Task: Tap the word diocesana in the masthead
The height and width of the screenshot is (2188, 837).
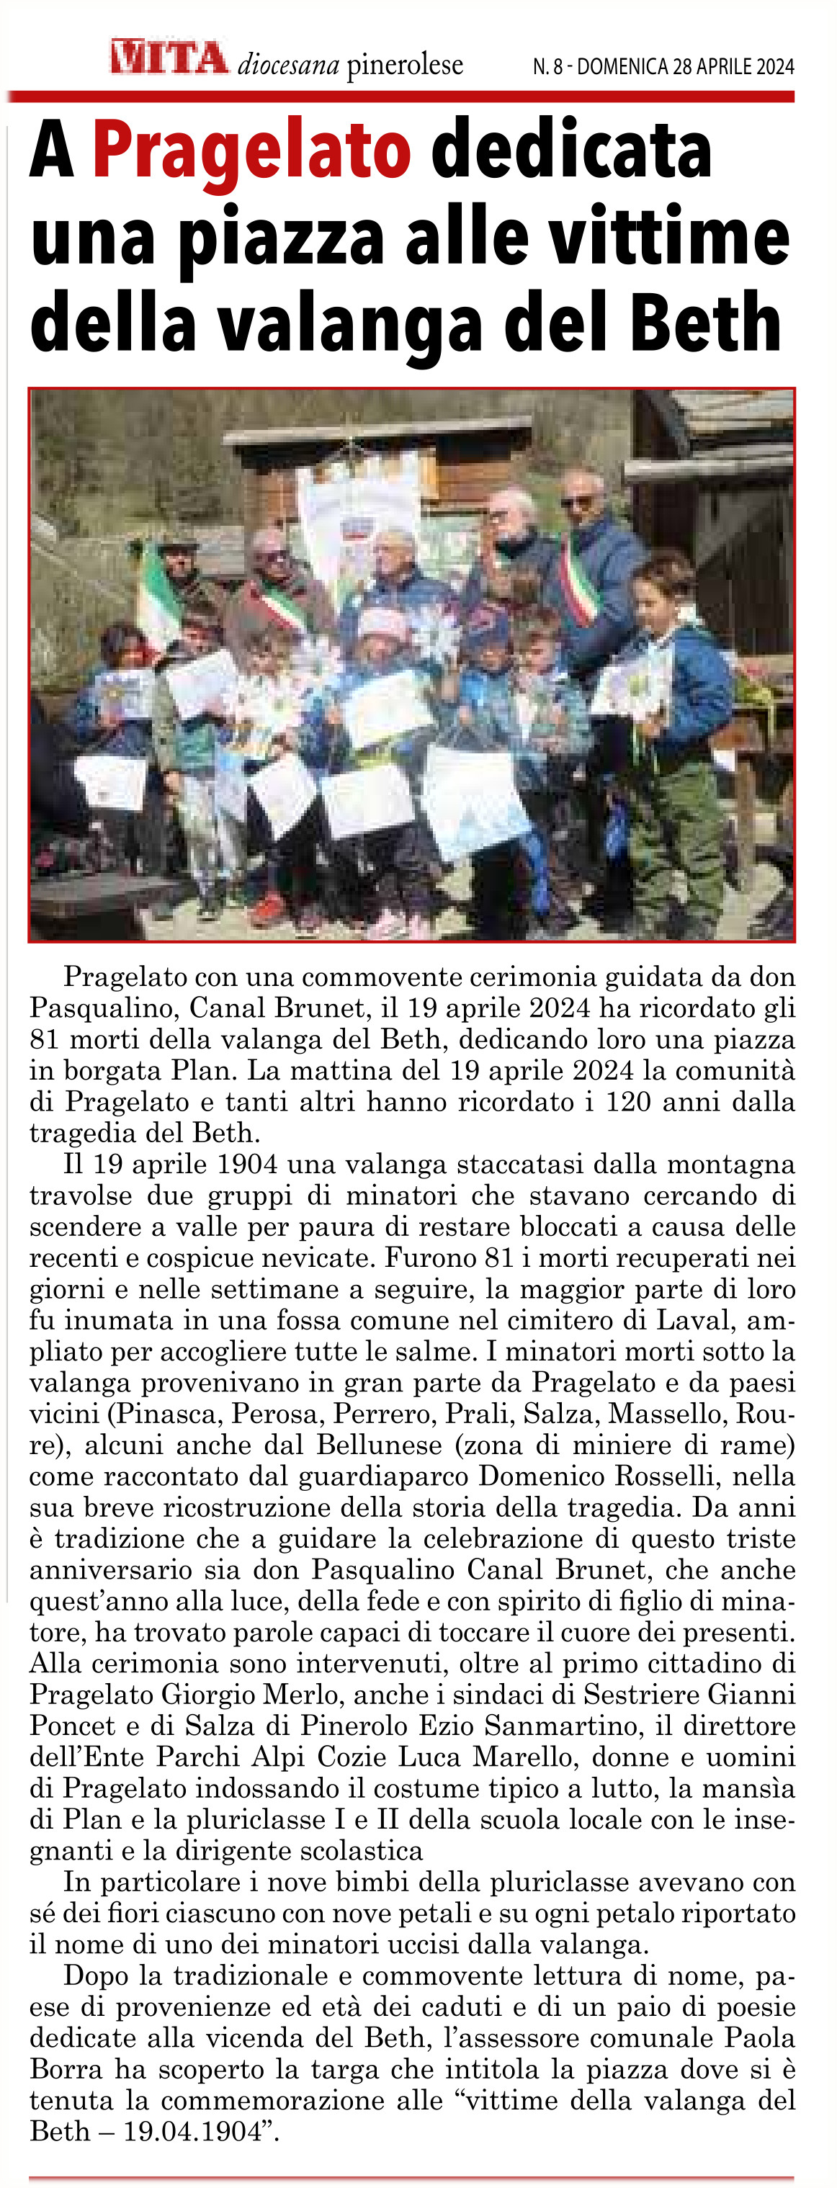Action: pyautogui.click(x=288, y=65)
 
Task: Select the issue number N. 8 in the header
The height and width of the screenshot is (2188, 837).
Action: pyautogui.click(x=547, y=66)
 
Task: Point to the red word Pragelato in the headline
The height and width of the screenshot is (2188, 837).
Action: pyautogui.click(x=251, y=151)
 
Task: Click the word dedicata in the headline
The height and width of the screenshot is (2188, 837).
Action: pyautogui.click(x=571, y=151)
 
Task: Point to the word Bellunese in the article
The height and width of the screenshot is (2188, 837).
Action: pyautogui.click(x=379, y=1445)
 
